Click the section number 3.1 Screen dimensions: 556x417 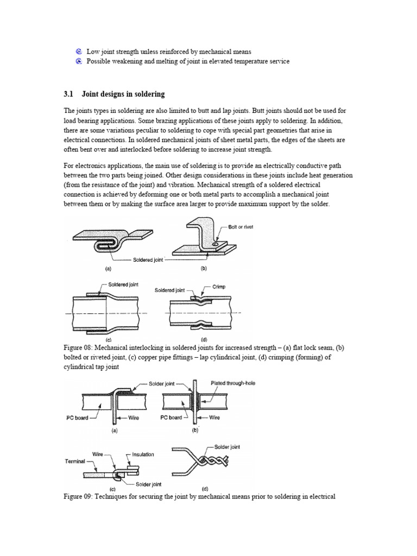click(69, 94)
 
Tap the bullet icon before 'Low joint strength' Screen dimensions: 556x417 click(79, 52)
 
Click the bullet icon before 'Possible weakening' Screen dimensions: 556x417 click(79, 61)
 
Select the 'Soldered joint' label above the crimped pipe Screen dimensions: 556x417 click(170, 290)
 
